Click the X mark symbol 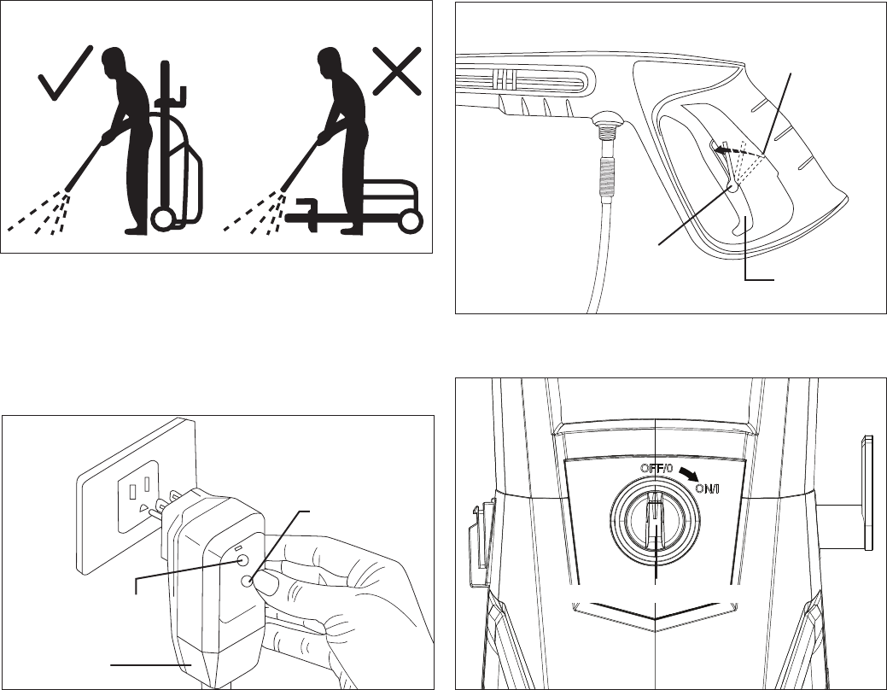(x=397, y=71)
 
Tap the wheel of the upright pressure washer (x=162, y=219)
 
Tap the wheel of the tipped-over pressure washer (x=411, y=221)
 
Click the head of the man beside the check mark (x=114, y=61)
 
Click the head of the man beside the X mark (x=330, y=61)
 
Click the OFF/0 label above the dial (x=656, y=469)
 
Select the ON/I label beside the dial (x=707, y=488)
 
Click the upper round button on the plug (x=242, y=560)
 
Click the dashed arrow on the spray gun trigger (x=735, y=150)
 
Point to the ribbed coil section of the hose (x=606, y=177)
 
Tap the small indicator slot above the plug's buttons (x=238, y=549)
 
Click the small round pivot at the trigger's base (x=732, y=189)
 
